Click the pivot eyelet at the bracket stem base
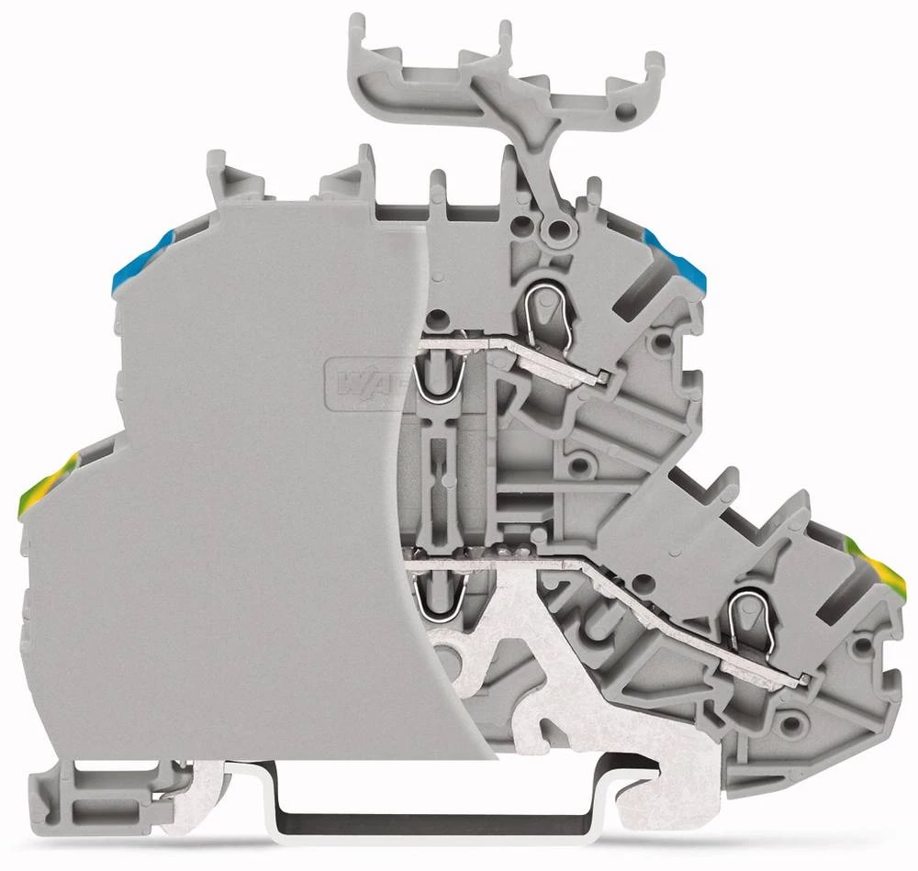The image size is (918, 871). coord(554,228)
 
